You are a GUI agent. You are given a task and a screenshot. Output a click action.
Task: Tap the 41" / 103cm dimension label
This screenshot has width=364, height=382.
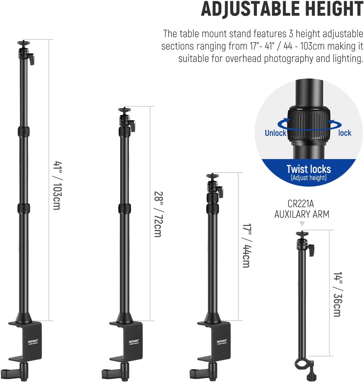pyautogui.click(x=57, y=186)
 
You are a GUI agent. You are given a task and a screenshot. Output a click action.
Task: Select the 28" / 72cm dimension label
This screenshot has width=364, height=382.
pyautogui.click(x=158, y=214)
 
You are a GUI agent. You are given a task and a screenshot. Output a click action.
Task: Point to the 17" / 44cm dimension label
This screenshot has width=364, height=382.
pyautogui.click(x=246, y=246)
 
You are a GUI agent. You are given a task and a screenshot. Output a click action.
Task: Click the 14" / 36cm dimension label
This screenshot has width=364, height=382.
pyautogui.click(x=338, y=294)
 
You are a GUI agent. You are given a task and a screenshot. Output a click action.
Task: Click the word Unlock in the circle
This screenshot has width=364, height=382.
pyautogui.click(x=275, y=133)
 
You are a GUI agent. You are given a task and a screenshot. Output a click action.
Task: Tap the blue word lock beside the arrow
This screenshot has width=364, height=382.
pyautogui.click(x=345, y=133)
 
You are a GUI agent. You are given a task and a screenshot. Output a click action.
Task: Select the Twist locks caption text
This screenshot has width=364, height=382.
pyautogui.click(x=309, y=169)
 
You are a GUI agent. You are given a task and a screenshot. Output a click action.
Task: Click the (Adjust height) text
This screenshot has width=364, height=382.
pyautogui.click(x=309, y=178)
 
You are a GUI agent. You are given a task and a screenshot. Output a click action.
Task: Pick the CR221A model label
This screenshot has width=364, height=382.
pyautogui.click(x=301, y=204)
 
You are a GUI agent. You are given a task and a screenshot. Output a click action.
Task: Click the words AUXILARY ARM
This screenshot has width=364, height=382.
pyautogui.click(x=302, y=214)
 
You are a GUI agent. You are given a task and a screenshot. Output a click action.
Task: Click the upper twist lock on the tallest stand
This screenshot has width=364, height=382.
pyautogui.click(x=24, y=131)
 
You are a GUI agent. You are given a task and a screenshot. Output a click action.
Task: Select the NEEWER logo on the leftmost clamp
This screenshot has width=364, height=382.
pyautogui.click(x=33, y=341)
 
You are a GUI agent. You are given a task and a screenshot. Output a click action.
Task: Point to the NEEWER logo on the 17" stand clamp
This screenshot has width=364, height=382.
pyautogui.click(x=222, y=341)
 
